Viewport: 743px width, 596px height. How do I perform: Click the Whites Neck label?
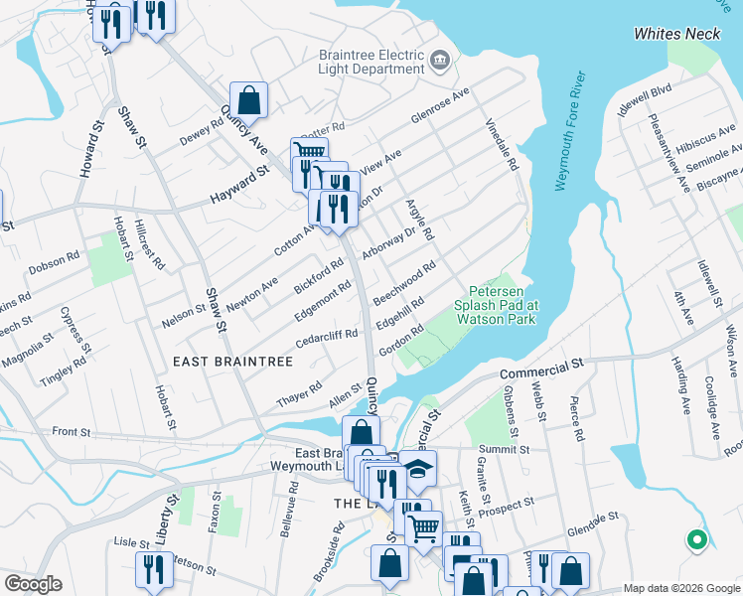coord(677,34)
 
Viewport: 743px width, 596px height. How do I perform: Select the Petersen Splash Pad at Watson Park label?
coord(496,305)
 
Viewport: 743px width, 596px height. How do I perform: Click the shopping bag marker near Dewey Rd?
coord(248,99)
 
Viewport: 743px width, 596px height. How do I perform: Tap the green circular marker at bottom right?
coord(696,540)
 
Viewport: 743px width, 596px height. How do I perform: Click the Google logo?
coord(33,584)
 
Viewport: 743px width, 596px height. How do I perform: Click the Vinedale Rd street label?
coord(503,145)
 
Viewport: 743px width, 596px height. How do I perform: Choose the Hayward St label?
coord(239,186)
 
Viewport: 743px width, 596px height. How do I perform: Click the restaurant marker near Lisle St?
coord(153,569)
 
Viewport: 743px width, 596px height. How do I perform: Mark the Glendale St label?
coord(593,521)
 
